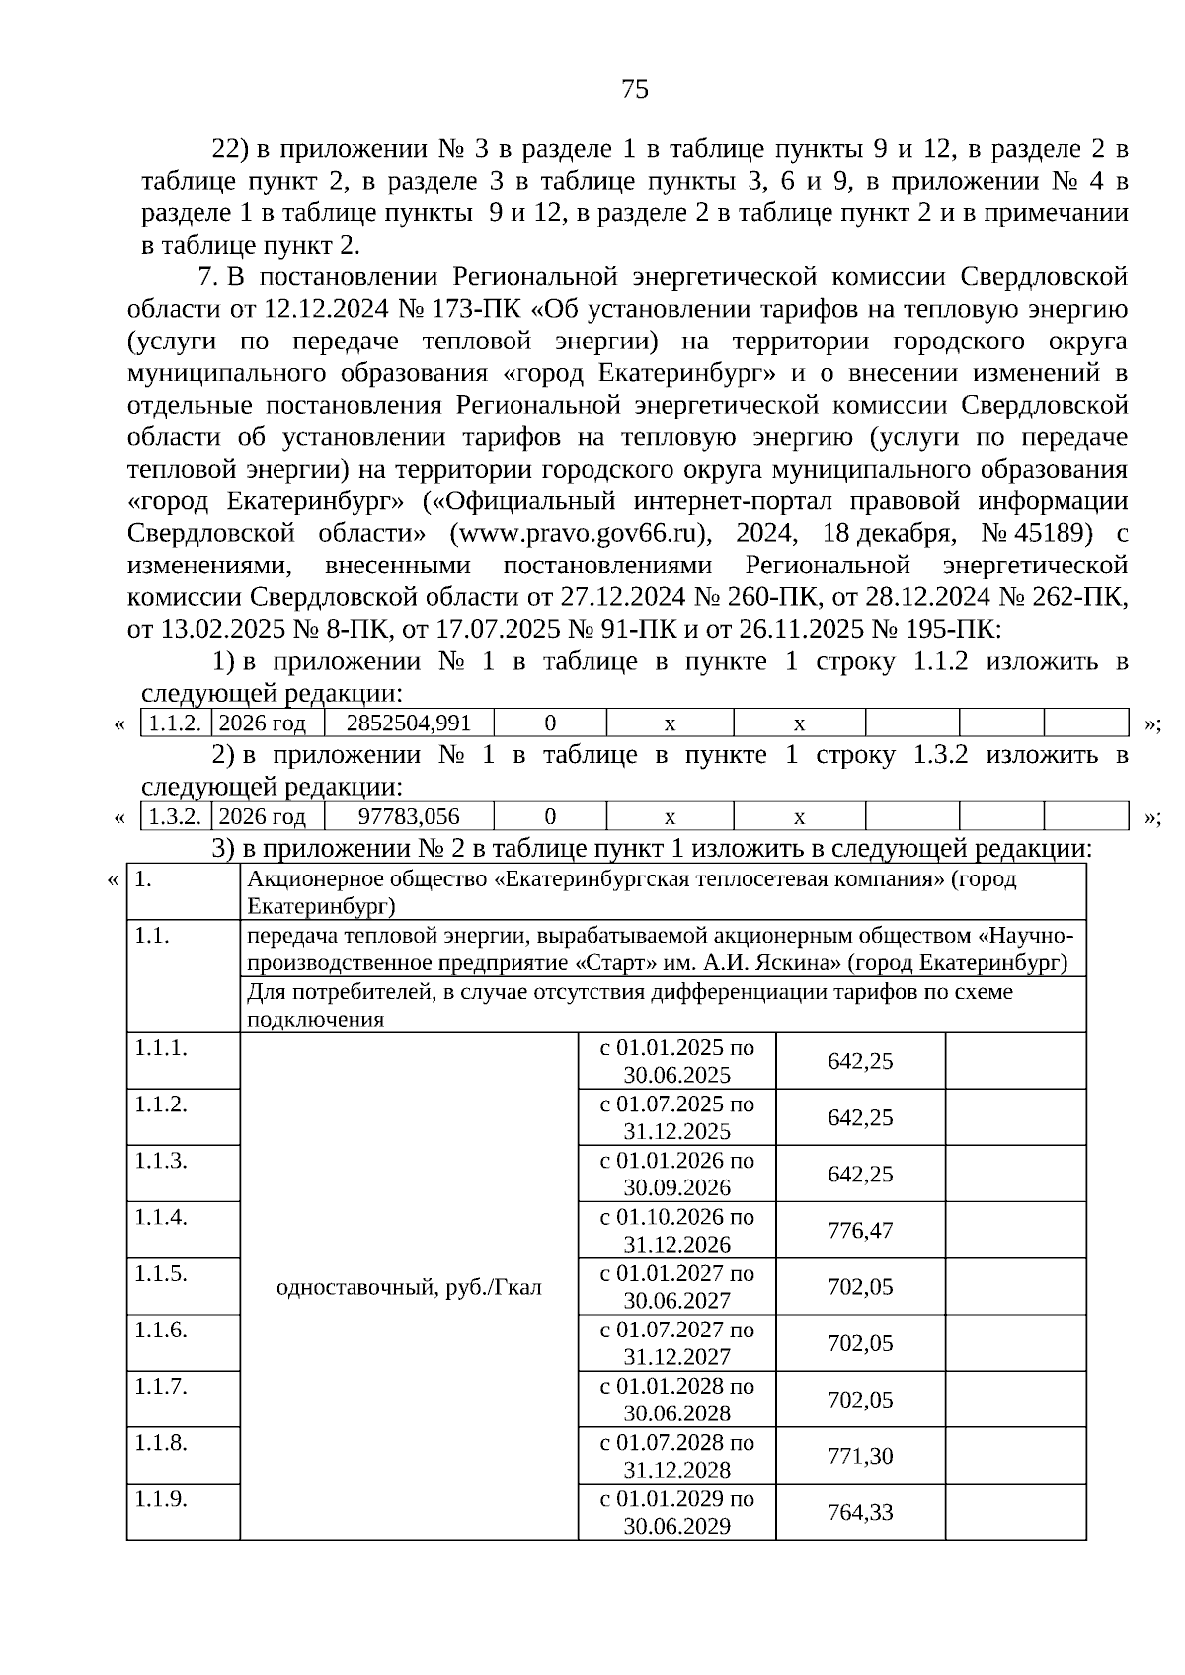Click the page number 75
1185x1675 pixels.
pyautogui.click(x=635, y=90)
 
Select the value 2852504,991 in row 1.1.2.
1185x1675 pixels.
pyautogui.click(x=409, y=723)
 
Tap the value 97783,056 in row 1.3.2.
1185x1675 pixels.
pyautogui.click(x=409, y=816)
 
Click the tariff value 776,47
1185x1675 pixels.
pyautogui.click(x=860, y=1230)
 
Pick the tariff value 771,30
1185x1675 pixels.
pyautogui.click(x=860, y=1456)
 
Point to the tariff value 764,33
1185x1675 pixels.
pyautogui.click(x=860, y=1512)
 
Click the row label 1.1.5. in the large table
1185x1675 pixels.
pyautogui.click(x=162, y=1273)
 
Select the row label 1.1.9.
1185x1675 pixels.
pyautogui.click(x=162, y=1499)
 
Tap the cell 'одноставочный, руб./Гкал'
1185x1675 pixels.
pyautogui.click(x=409, y=1287)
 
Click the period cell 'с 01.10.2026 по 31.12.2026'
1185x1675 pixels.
pyautogui.click(x=677, y=1230)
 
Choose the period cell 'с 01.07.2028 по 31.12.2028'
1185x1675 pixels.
pyautogui.click(x=677, y=1456)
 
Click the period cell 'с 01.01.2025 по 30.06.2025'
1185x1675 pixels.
pyautogui.click(x=677, y=1061)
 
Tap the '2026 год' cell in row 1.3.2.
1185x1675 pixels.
pyautogui.click(x=263, y=816)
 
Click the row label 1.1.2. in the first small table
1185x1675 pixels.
pyautogui.click(x=176, y=723)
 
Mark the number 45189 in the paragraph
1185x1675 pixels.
pyautogui.click(x=1054, y=533)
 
